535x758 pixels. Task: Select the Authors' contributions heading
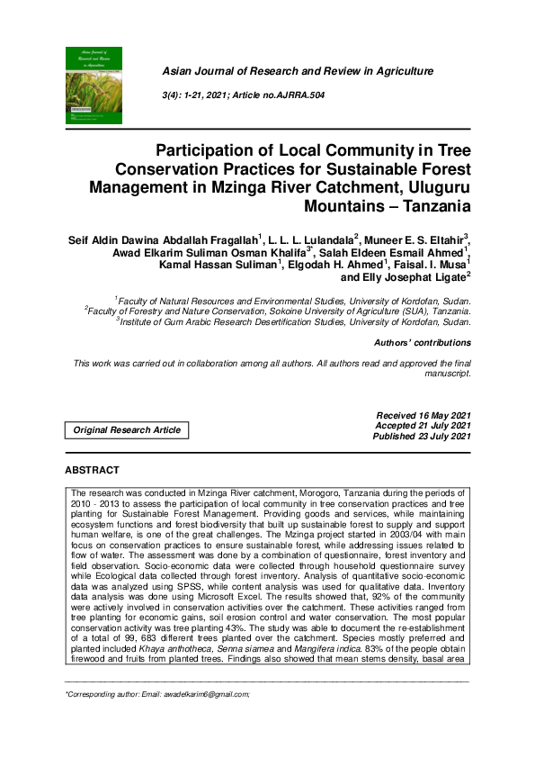[422, 342]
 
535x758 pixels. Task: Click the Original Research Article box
[127, 430]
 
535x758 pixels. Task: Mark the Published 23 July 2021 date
[422, 437]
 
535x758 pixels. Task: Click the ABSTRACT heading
[92, 470]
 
